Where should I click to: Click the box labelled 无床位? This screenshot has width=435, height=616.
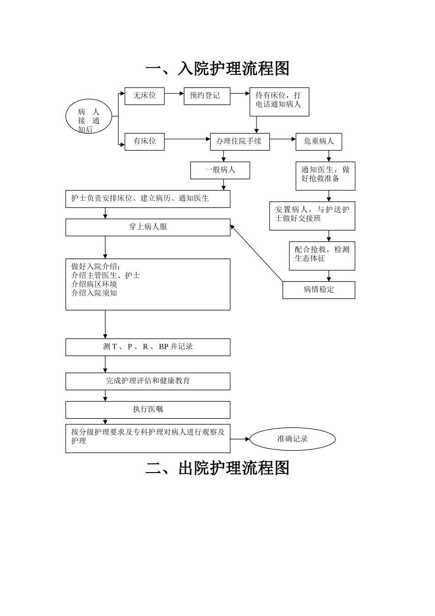[144, 96]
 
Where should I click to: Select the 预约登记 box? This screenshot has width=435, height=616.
[207, 96]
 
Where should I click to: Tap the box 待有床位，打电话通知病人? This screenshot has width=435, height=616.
[279, 101]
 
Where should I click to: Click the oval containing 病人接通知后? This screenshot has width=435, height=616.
[89, 118]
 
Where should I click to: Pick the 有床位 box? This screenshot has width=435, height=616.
[144, 142]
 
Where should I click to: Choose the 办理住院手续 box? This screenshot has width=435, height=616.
[239, 142]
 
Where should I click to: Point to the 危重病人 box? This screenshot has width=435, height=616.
[319, 142]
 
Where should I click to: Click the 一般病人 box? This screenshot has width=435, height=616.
[220, 170]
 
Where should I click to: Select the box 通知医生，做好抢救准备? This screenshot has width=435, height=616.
[325, 176]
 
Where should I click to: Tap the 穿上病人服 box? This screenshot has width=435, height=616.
[147, 227]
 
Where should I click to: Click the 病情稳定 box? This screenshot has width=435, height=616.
[318, 290]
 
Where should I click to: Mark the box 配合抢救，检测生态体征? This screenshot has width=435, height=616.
[321, 255]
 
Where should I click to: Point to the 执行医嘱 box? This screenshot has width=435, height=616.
[147, 410]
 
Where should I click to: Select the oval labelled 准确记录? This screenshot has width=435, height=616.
[292, 439]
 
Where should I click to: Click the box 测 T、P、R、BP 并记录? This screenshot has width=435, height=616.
[147, 347]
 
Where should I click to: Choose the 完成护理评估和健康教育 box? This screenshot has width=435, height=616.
[147, 381]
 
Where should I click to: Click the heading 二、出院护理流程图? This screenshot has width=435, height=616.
[217, 468]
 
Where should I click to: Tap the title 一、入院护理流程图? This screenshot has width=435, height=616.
[217, 69]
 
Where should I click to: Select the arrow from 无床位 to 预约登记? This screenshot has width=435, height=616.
[174, 93]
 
